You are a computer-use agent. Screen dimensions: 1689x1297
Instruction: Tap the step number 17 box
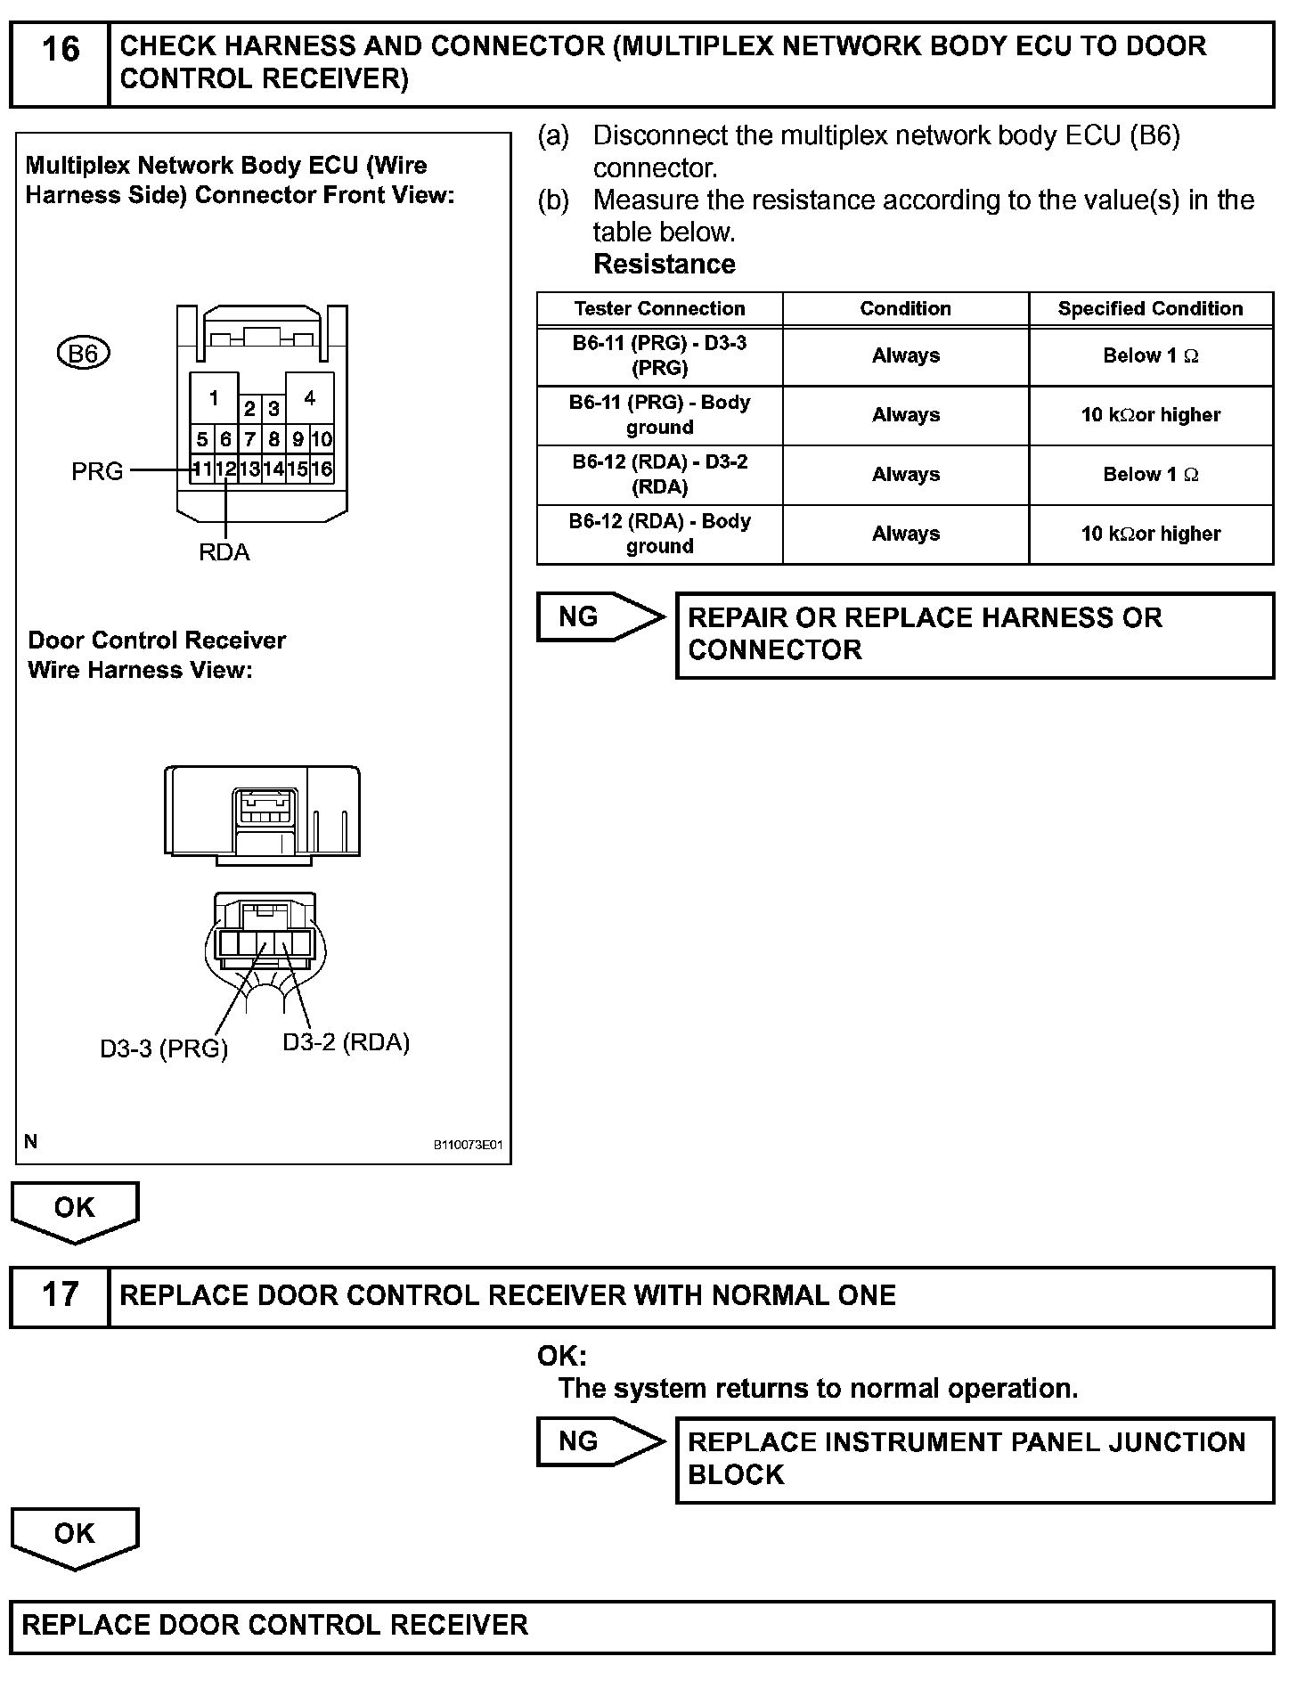pos(60,1296)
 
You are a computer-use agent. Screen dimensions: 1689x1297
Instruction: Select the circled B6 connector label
pos(83,354)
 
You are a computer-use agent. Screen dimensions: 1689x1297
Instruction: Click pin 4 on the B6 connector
pos(310,397)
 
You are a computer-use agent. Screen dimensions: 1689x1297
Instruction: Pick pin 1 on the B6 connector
pos(214,397)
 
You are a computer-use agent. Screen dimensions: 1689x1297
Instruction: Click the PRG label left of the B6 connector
pos(97,471)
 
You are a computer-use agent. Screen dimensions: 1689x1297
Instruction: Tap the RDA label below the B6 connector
pos(224,553)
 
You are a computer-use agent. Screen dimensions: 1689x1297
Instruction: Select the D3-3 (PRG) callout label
pos(164,1049)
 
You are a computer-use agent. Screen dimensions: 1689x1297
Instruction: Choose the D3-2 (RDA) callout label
pos(347,1042)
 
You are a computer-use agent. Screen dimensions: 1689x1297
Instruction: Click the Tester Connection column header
pos(659,309)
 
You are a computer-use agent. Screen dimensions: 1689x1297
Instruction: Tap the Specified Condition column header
pos(1150,309)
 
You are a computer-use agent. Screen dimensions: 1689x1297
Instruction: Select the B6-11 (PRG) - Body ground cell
pos(659,415)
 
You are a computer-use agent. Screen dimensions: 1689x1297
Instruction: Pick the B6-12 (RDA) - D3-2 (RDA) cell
pos(659,475)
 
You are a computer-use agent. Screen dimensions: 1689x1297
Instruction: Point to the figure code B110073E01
pos(469,1145)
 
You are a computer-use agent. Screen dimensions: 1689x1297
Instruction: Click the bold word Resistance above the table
pos(665,265)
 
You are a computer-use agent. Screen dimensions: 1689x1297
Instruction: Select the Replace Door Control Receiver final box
pos(641,1626)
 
